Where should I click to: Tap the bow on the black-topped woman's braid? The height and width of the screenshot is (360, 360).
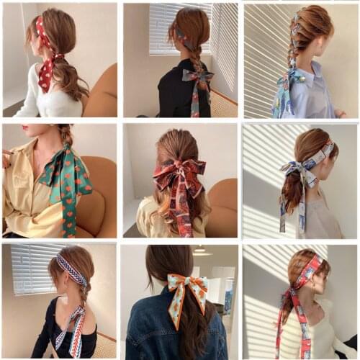197,80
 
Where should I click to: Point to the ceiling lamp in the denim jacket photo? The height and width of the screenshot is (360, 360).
200,251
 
